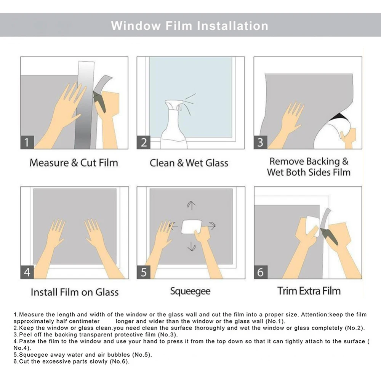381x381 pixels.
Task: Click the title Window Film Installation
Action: coord(189,26)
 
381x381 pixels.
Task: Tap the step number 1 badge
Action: coord(27,142)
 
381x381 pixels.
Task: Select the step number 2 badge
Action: coord(144,142)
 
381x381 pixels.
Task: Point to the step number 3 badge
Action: coord(261,142)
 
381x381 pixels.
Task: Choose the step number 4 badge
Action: coord(27,272)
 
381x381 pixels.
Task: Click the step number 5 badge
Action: coord(144,272)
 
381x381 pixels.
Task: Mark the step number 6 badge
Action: coord(261,272)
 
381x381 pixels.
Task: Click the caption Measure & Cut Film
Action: coord(74,163)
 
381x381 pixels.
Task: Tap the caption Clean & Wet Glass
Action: coord(189,163)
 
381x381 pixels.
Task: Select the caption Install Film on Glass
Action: coord(75,292)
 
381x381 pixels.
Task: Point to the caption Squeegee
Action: coord(190,291)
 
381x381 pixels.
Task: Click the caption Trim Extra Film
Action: coord(309,291)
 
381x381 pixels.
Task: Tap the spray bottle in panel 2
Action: coord(175,124)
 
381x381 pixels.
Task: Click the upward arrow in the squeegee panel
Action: coord(192,206)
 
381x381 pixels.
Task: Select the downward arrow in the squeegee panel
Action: coord(192,247)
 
